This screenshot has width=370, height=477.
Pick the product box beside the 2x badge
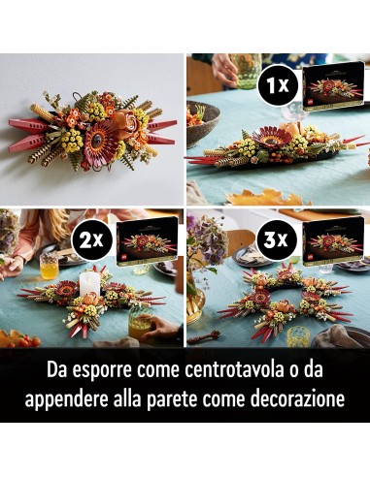click(x=149, y=238)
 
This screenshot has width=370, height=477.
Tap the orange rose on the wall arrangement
click(x=122, y=123)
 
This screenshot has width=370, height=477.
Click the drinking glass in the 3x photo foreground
click(x=297, y=335)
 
